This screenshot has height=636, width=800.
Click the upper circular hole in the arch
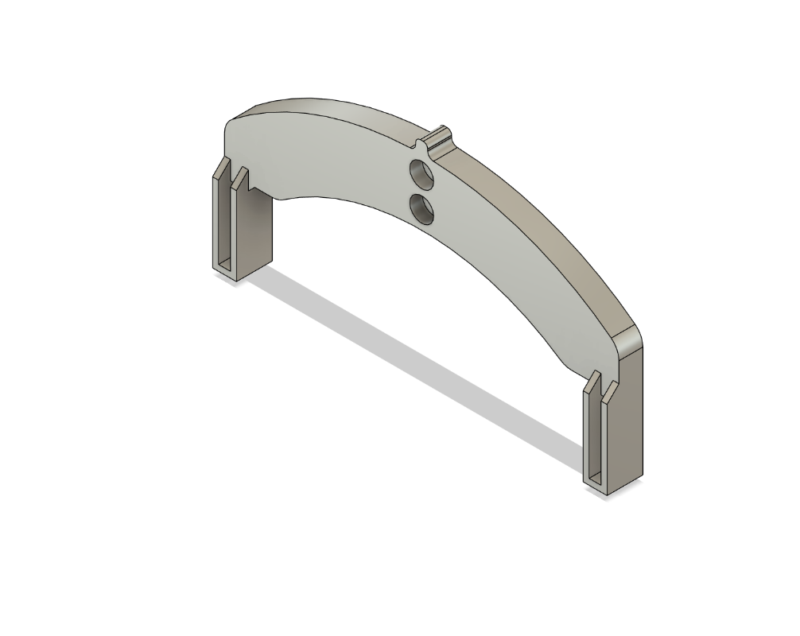tap(421, 174)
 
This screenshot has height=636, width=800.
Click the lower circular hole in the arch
tap(421, 209)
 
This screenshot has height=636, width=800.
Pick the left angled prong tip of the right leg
tap(592, 380)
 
